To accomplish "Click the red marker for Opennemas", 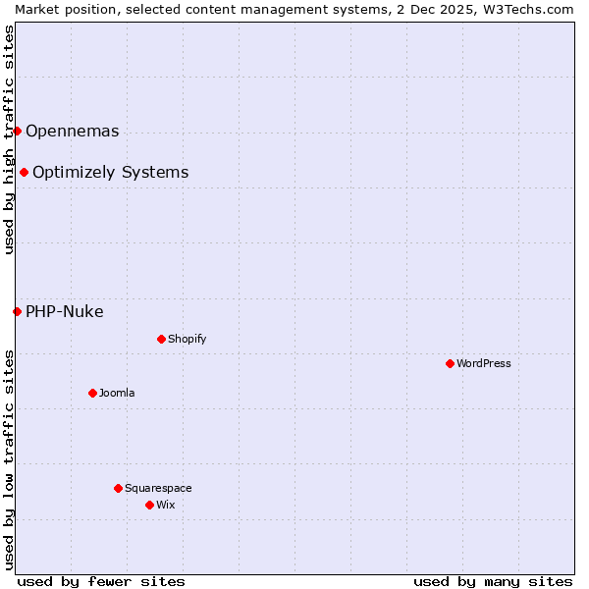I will tap(17, 131).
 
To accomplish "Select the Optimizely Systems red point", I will tap(24, 173).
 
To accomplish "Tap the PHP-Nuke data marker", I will tap(17, 312).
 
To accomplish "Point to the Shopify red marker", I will tap(161, 339).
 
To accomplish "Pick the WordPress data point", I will tap(450, 363).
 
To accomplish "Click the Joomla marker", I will tap(92, 393).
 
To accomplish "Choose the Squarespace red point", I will tap(118, 488).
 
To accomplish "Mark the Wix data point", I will tap(149, 505).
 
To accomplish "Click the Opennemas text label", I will tap(73, 132).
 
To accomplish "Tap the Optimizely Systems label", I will tap(111, 173).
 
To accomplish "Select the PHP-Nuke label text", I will tap(65, 312).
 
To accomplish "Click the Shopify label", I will tap(187, 339).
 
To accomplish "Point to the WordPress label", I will tap(484, 363).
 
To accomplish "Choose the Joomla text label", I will tap(117, 393).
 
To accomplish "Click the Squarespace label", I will tap(158, 488).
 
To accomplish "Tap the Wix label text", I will tap(166, 505).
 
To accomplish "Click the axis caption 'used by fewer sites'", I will tap(101, 581).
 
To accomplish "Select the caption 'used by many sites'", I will tap(493, 581).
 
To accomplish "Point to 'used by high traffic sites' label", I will tap(10, 139).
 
